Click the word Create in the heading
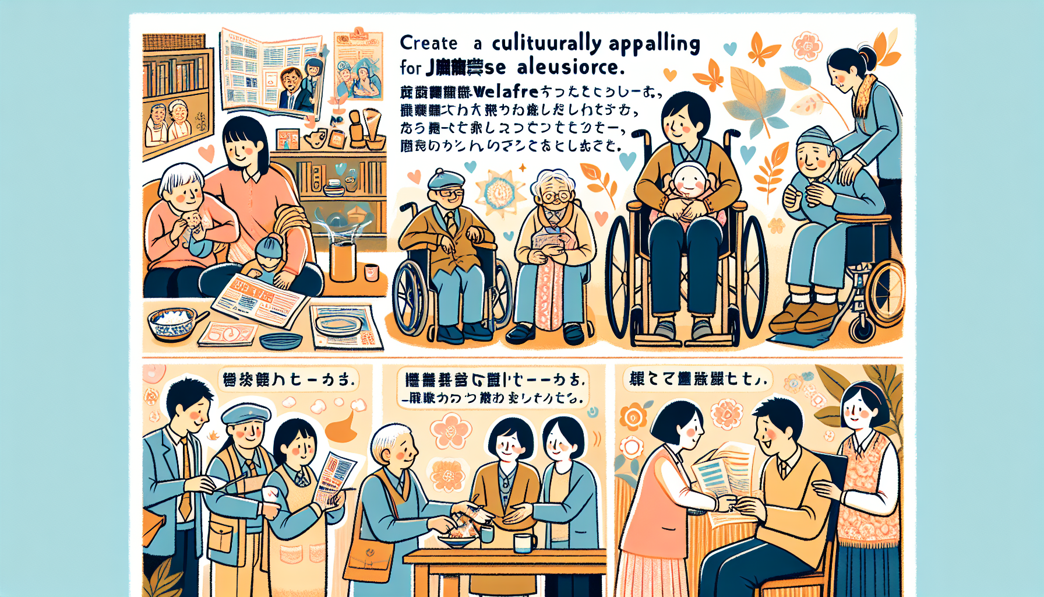[428, 43]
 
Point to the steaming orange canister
[343, 261]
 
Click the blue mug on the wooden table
[524, 543]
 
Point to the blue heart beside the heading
[729, 48]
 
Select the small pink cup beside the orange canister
[371, 272]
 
